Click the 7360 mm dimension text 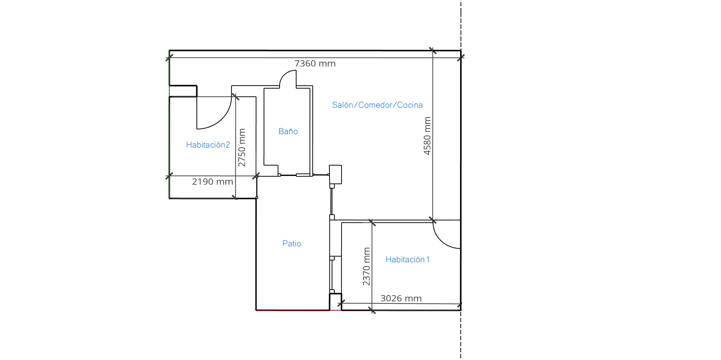315,63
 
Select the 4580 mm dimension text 427,136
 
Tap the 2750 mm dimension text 242,147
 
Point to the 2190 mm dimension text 212,182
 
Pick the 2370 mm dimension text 366,266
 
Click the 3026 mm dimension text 401,299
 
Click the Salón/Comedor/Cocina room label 377,105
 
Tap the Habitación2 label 208,145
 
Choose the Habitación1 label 407,259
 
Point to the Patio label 292,243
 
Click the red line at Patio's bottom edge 293,310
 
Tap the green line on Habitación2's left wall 169,125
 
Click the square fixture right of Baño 335,174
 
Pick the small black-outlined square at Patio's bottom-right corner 335,302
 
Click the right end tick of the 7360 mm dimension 461,58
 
